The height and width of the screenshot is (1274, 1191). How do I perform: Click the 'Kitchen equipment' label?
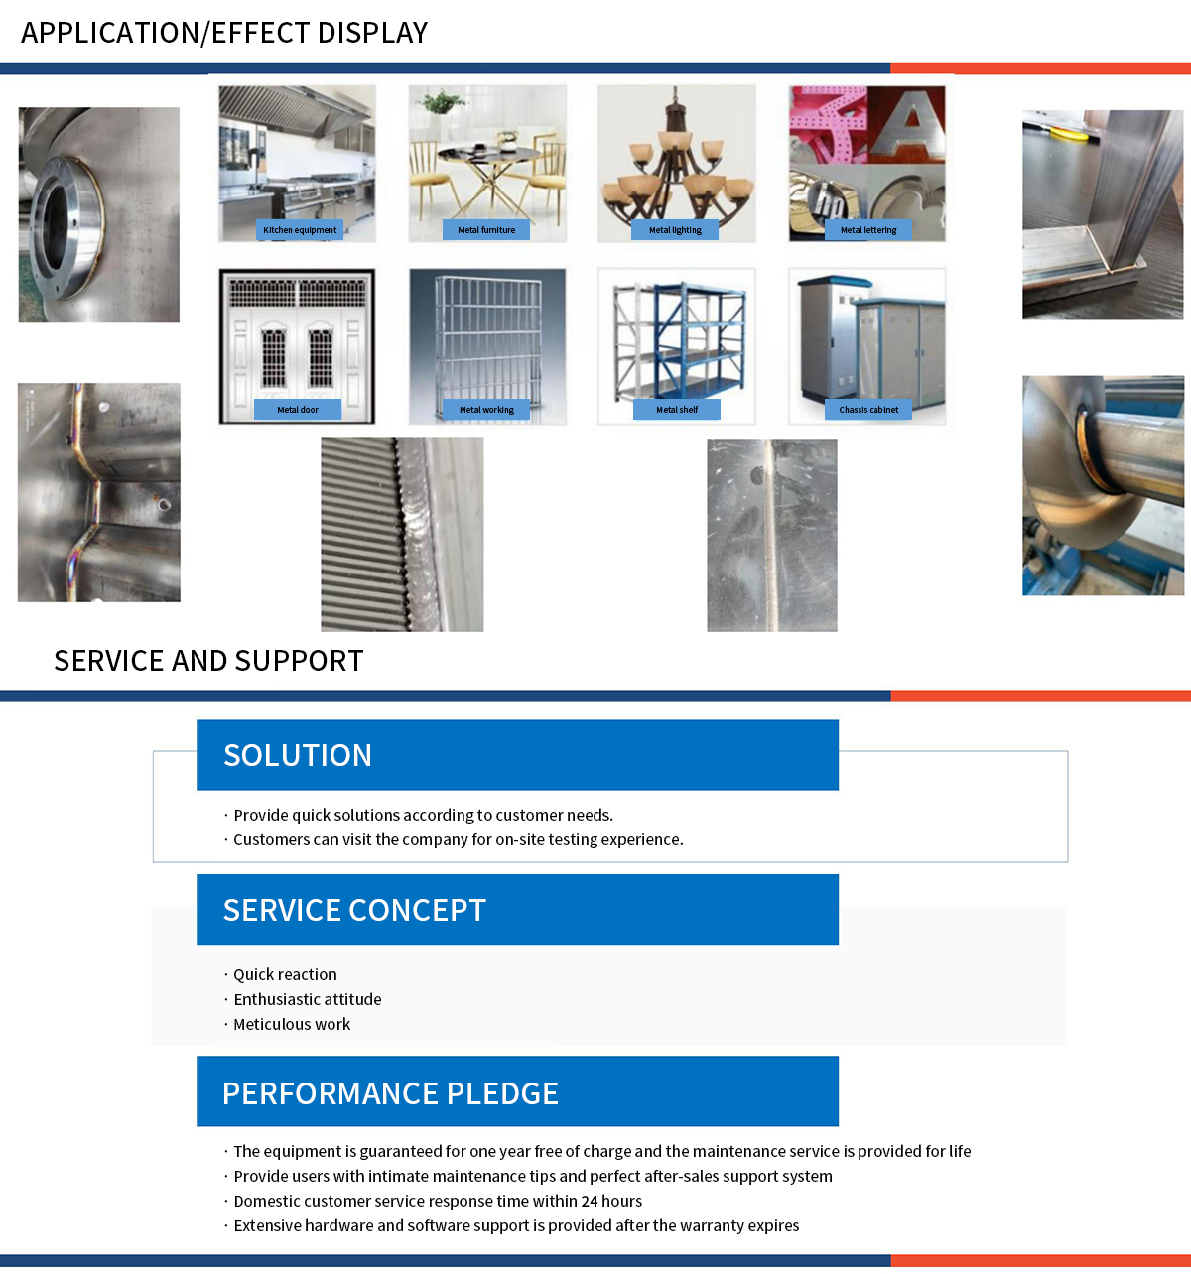pos(300,230)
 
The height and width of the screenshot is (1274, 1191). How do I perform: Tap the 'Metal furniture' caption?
pos(486,230)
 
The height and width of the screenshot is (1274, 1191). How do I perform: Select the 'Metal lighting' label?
pos(675,230)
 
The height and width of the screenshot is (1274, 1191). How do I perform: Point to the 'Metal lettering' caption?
pos(868,230)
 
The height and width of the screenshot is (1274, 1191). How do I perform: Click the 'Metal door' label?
pos(298,410)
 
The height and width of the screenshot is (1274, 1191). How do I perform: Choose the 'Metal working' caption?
pos(486,410)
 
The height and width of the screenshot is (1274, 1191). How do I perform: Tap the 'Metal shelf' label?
pos(677,410)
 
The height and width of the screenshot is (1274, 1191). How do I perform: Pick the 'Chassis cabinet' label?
pos(868,410)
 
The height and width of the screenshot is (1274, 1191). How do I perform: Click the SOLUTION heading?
pos(298,756)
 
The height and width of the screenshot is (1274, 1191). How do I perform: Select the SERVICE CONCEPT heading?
pos(354,911)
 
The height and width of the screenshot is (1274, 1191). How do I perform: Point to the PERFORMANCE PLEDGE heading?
pos(390,1093)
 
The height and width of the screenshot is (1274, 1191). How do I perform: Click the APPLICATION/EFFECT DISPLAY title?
pos(224,33)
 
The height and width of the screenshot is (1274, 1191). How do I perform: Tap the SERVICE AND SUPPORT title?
pos(208,661)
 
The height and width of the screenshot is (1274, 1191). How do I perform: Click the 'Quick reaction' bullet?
pos(285,975)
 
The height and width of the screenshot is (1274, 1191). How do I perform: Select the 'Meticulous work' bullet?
pos(292,1025)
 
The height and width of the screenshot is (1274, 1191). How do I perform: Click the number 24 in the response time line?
pos(590,1202)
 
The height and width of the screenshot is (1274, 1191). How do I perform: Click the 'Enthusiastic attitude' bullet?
pos(307,1000)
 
